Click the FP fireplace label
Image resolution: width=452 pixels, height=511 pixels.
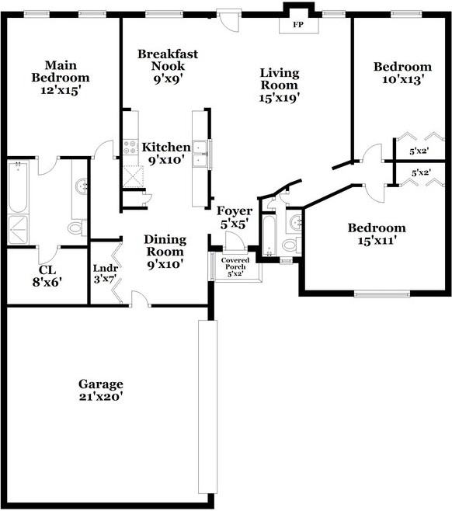[x=297, y=25]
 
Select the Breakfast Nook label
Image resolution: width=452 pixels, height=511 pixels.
[x=167, y=60]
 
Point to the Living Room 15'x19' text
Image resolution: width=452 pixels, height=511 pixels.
[x=280, y=85]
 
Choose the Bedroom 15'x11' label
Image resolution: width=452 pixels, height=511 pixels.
[x=376, y=234]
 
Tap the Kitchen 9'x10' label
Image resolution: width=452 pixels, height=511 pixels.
[x=165, y=153]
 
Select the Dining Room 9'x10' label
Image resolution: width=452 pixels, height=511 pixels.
[x=164, y=252]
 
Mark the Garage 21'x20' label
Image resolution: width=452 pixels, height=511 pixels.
[x=101, y=390]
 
